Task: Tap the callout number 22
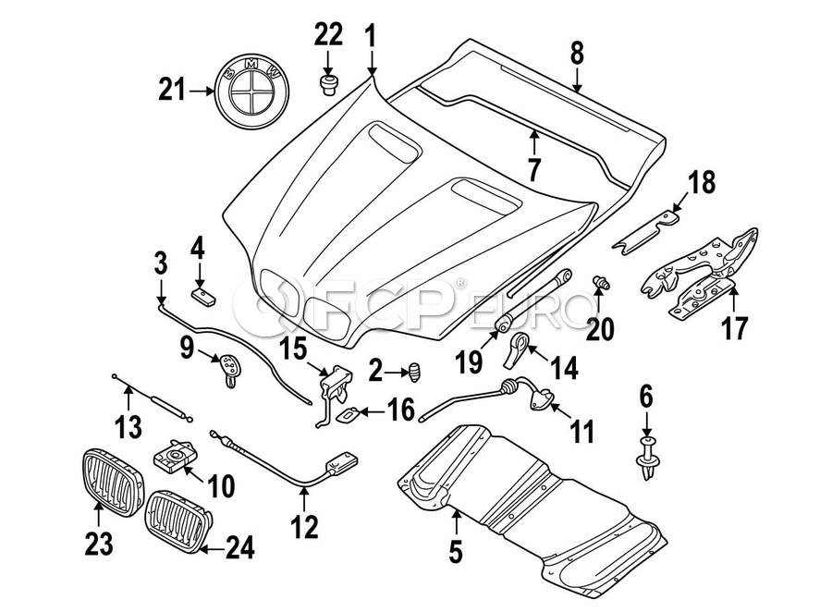click(x=327, y=36)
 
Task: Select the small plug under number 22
click(x=327, y=86)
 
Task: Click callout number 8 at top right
click(x=577, y=54)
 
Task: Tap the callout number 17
click(x=736, y=327)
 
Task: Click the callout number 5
click(x=455, y=552)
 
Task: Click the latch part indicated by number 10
click(x=177, y=455)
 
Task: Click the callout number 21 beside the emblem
click(x=173, y=92)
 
